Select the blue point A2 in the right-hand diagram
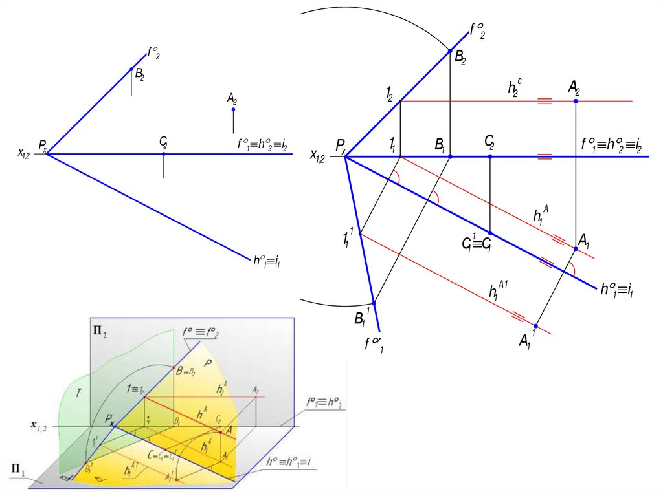(x=576, y=101)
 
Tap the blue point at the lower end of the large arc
(x=374, y=303)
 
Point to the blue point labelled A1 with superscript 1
(x=536, y=325)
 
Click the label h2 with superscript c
(x=515, y=88)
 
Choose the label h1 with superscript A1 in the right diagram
(x=498, y=289)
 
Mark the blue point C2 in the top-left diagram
(x=164, y=154)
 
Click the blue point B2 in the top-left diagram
(x=131, y=69)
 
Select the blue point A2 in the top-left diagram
(x=233, y=109)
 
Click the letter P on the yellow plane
(x=208, y=363)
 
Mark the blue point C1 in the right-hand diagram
(x=490, y=233)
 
